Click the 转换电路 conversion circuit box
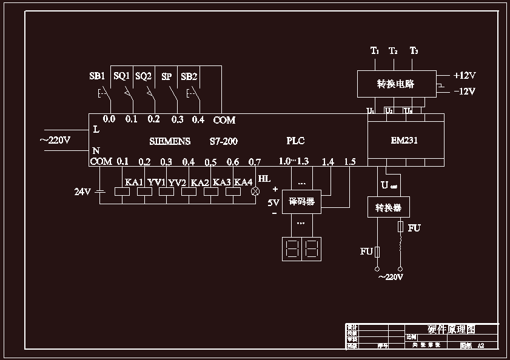click(x=395, y=84)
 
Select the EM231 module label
click(x=404, y=141)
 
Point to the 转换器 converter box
click(x=388, y=208)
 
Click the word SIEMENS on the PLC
click(x=170, y=141)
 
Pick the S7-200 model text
click(x=223, y=141)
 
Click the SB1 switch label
click(x=97, y=76)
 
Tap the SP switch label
click(x=166, y=76)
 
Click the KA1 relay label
click(x=133, y=182)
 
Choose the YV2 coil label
click(x=177, y=182)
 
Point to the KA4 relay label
click(x=243, y=182)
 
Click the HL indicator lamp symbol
click(x=255, y=192)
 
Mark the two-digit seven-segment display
click(x=301, y=248)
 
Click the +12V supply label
click(x=465, y=76)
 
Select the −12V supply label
click(x=465, y=92)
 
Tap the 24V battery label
click(x=82, y=192)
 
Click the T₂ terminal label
click(x=393, y=50)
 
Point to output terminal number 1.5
click(x=349, y=161)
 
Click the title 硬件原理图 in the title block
click(x=451, y=329)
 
